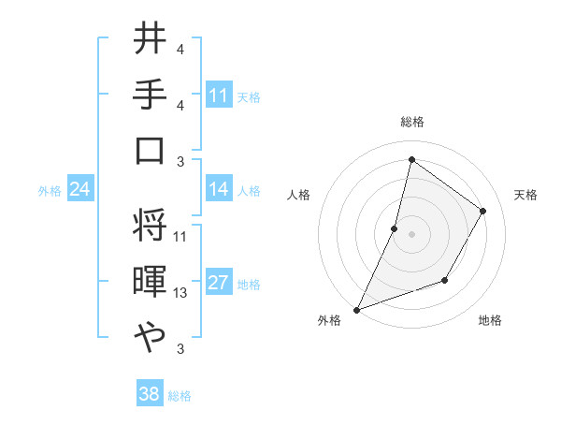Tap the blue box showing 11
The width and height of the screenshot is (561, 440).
[x=219, y=95]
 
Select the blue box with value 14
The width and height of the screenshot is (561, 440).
[x=219, y=189]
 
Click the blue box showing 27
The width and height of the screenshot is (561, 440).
[x=219, y=284]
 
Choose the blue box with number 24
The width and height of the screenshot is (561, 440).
[x=80, y=190]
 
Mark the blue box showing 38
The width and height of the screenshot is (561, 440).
[x=150, y=394]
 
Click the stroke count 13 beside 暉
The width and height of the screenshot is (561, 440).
[x=180, y=293]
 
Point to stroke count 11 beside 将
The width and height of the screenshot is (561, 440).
[x=180, y=237]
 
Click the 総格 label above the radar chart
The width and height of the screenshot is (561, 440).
[x=411, y=122]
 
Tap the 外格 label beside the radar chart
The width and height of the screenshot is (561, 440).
[x=329, y=320]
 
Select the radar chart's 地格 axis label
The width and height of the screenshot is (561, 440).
[x=490, y=320]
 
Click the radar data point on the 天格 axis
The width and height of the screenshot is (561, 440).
[x=483, y=211]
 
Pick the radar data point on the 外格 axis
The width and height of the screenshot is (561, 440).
[x=356, y=310]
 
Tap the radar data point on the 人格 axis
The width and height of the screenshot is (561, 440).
[x=395, y=228]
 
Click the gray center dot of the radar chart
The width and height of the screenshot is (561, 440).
[x=411, y=234]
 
